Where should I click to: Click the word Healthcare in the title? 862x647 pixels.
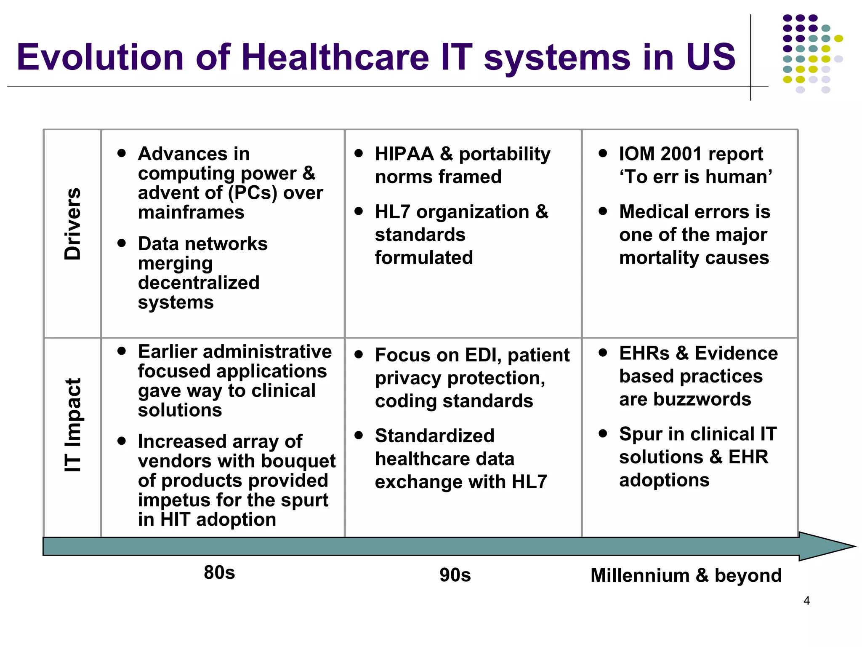pyautogui.click(x=335, y=57)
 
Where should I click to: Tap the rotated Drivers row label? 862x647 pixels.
pyautogui.click(x=72, y=224)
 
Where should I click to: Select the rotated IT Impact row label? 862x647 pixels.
pyautogui.click(x=72, y=425)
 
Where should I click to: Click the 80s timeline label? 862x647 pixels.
pyautogui.click(x=219, y=573)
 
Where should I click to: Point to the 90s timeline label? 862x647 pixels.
pyautogui.click(x=455, y=575)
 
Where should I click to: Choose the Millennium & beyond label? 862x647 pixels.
pyautogui.click(x=686, y=575)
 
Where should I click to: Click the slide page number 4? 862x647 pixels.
pyautogui.click(x=806, y=601)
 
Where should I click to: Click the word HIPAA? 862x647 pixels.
pyautogui.click(x=404, y=154)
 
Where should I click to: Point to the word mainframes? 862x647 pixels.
pyautogui.click(x=191, y=212)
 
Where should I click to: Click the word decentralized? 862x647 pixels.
pyautogui.click(x=199, y=283)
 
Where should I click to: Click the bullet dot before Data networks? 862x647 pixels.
pyautogui.click(x=122, y=243)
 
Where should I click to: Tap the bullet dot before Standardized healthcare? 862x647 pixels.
pyautogui.click(x=359, y=435)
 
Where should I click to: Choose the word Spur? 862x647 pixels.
pyautogui.click(x=641, y=434)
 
